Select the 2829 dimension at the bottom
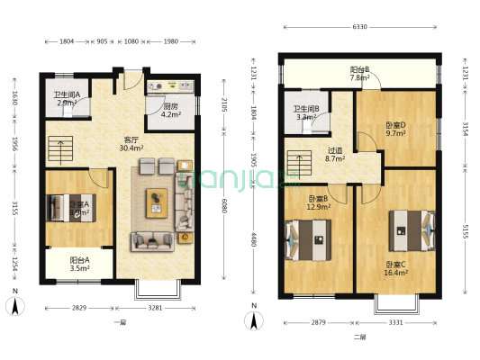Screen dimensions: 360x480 [x=79, y=308]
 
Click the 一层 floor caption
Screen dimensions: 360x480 [x=119, y=322]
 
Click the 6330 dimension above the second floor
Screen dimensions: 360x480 [x=359, y=27]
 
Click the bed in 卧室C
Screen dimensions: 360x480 [x=410, y=229]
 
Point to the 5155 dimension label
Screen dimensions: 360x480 [x=466, y=231]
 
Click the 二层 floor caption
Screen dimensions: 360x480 [x=359, y=337]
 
